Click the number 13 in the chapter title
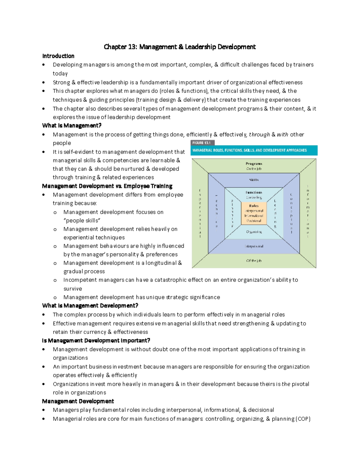[x=132, y=47]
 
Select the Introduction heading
[x=58, y=56]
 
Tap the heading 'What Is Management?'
[x=72, y=125]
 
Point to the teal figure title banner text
[x=249, y=150]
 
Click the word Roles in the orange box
[x=254, y=206]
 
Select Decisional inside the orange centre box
[x=254, y=221]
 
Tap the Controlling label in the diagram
[x=254, y=197]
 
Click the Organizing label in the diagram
[x=254, y=232]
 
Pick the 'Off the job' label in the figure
[x=254, y=260]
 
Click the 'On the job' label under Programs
[x=254, y=169]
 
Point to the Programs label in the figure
[x=254, y=164]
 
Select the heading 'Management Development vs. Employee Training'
[x=107, y=186]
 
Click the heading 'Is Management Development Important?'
[x=96, y=341]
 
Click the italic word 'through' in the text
[x=259, y=134]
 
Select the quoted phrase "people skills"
[x=82, y=221]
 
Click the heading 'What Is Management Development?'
[x=90, y=305]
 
